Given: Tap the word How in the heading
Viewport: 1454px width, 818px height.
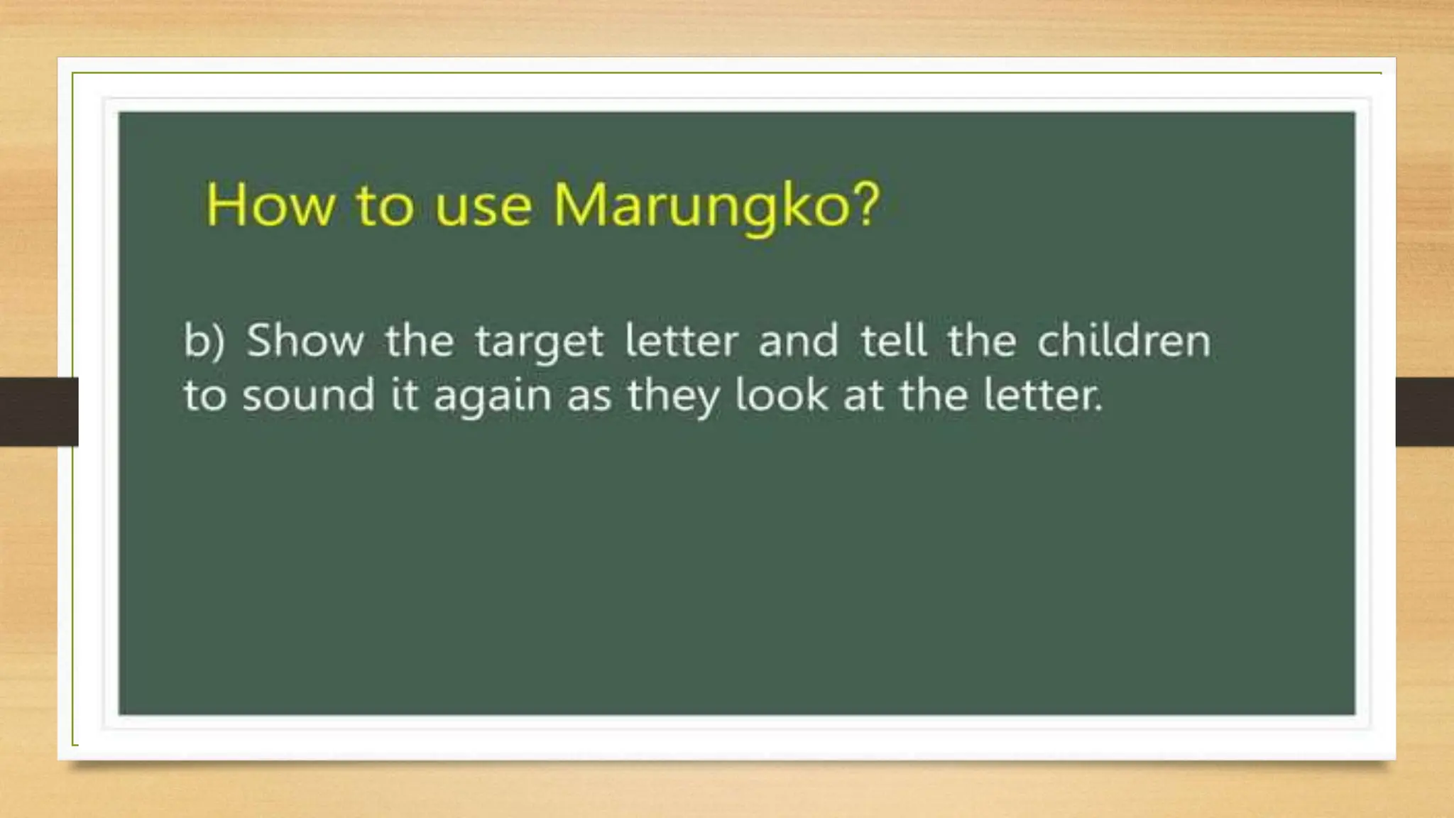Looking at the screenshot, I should (270, 205).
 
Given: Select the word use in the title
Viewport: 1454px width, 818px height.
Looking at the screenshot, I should (483, 207).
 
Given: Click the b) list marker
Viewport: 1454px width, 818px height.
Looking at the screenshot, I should (204, 341).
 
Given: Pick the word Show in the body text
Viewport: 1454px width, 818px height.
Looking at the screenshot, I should (305, 340).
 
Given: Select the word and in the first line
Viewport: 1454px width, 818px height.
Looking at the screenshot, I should (799, 340).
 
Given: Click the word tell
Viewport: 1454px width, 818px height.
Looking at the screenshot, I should (894, 340).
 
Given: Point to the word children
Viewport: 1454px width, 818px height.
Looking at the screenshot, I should (1124, 340).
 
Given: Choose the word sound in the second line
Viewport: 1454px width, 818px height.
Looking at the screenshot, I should (308, 395).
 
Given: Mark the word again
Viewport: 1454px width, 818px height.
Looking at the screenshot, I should (493, 396).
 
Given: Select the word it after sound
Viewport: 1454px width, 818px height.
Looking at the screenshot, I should (405, 395).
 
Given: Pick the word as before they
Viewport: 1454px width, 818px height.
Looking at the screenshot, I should (589, 396).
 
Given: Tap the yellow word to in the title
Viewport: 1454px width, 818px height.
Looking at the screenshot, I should (384, 205).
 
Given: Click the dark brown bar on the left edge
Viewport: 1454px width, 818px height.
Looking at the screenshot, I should (38, 412).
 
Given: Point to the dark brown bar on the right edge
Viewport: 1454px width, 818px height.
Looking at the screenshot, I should (1424, 412).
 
